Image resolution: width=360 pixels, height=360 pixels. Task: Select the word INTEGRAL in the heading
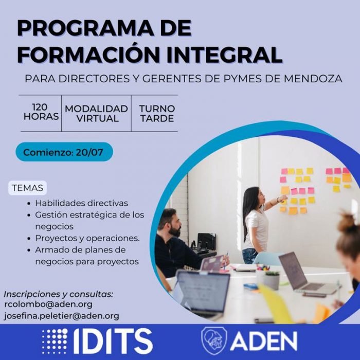pos(224,55)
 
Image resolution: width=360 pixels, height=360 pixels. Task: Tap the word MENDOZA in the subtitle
pos(313,79)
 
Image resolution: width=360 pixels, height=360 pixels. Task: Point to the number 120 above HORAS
pos(40,107)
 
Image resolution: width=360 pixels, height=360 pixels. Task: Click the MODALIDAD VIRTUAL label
pos(97,114)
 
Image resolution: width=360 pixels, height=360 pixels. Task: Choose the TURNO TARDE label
pos(157,114)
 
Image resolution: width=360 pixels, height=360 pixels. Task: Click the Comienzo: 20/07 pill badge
pos(64,152)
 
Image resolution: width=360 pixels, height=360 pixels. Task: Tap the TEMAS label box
pos(28,188)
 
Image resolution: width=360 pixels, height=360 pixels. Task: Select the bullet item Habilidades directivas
pos(81,203)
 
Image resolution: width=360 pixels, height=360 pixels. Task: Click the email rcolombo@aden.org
pos(48,304)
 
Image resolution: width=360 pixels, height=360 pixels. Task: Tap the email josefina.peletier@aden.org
pos(62,316)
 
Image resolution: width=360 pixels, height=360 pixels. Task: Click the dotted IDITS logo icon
pos(55,341)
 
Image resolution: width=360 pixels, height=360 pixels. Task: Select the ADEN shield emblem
pos(214,341)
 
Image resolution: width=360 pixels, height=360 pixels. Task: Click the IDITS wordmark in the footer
pos(113,341)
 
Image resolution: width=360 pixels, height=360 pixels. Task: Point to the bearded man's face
pos(173,225)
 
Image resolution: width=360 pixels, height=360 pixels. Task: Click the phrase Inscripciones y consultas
pos(59,294)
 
